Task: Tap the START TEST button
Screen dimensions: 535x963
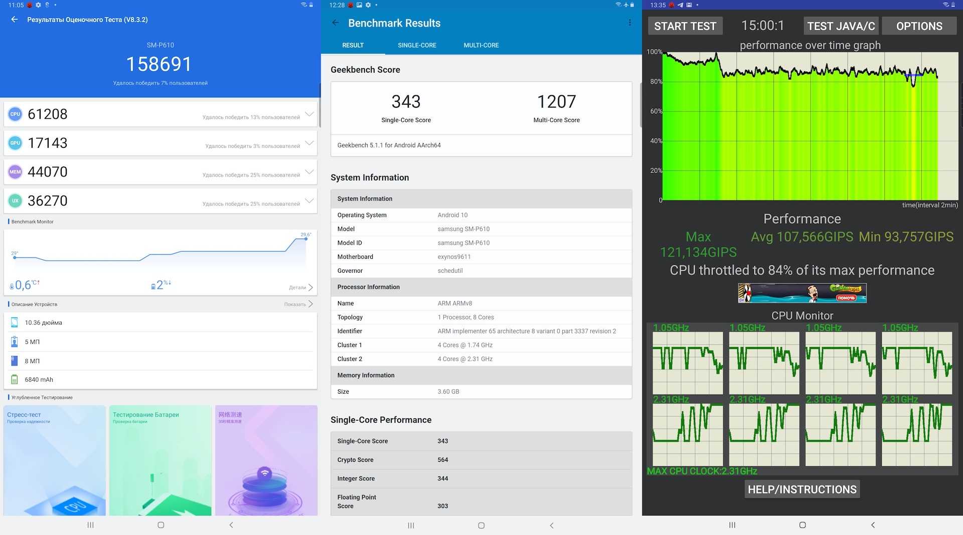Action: click(685, 26)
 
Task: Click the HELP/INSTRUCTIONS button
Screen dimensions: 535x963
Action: click(802, 489)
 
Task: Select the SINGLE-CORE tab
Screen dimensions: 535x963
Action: click(417, 45)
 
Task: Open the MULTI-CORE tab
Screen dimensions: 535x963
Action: click(481, 45)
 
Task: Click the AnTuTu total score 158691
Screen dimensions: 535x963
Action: click(159, 64)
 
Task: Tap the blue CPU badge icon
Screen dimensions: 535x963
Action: click(15, 114)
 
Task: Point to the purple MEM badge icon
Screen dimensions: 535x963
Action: click(15, 172)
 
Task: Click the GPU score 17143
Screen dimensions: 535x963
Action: click(48, 143)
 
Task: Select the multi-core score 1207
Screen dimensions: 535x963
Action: click(556, 102)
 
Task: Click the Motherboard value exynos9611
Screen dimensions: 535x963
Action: click(454, 257)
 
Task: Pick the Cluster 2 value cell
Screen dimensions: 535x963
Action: click(465, 359)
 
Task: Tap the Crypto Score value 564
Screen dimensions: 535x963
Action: click(443, 460)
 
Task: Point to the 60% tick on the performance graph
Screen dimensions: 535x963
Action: click(656, 111)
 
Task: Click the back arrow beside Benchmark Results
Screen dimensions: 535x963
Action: click(336, 23)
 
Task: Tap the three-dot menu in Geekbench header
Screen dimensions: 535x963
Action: click(629, 23)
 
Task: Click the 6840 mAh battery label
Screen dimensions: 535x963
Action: click(39, 380)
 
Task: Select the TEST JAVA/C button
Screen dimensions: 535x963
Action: click(841, 26)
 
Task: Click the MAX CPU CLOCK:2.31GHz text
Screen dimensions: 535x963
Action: click(702, 471)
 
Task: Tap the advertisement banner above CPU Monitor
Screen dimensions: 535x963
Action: click(802, 293)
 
